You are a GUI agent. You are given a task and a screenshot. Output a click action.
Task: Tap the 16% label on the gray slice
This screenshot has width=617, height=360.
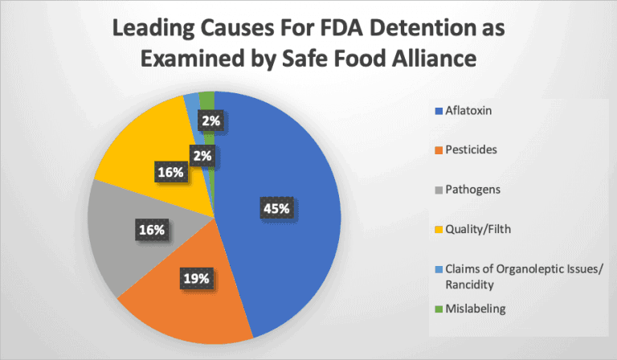[150, 231]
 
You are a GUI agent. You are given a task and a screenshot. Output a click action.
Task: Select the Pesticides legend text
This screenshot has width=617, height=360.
[472, 151]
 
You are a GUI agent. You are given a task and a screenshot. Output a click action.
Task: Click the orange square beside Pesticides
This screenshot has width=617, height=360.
[439, 151]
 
